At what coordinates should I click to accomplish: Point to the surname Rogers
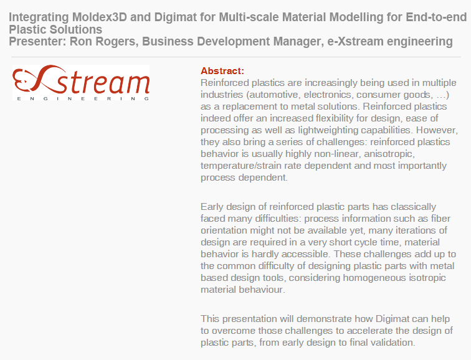[x=118, y=42]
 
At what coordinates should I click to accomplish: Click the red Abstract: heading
[x=222, y=71]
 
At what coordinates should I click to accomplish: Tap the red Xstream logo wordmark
[x=81, y=80]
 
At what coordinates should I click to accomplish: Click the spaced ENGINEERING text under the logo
[x=83, y=98]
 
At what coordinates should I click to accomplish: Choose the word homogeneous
[x=374, y=278]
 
